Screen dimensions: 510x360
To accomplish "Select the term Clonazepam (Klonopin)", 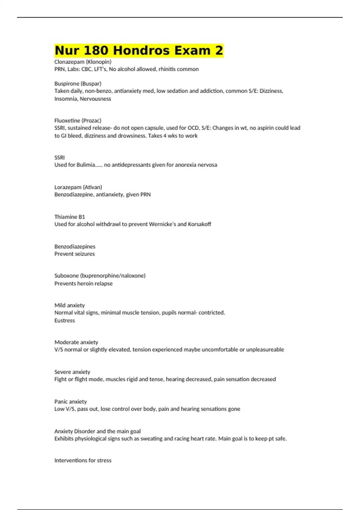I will [x=83, y=62].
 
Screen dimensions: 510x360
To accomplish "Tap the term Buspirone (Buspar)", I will [x=78, y=84].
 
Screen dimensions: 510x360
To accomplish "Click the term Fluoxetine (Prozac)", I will [x=78, y=121].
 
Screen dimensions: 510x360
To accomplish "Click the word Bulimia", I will [x=86, y=165].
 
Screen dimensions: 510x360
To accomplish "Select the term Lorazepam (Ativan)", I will [x=78, y=187].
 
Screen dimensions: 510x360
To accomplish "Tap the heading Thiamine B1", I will [x=70, y=217].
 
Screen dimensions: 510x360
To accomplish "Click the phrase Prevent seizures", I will [x=74, y=254].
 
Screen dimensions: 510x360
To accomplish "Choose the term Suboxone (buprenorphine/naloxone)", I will [x=100, y=276].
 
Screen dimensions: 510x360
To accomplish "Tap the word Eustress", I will [x=64, y=320].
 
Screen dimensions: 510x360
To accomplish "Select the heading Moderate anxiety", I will [x=76, y=342].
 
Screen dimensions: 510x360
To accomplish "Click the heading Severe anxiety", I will [x=72, y=372].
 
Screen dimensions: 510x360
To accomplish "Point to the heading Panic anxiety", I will [x=70, y=402].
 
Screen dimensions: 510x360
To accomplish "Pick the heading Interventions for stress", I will [x=83, y=460].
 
